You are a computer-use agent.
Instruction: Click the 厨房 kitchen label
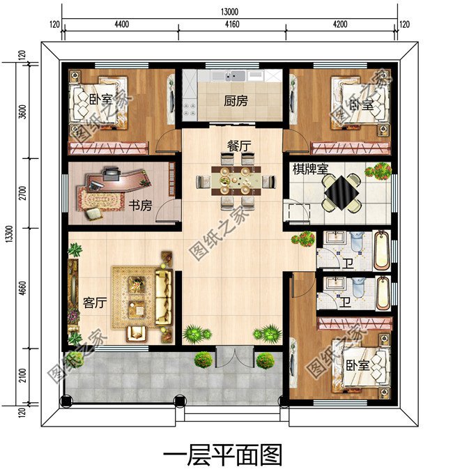coord(236,100)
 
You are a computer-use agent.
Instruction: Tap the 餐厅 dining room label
coord(236,146)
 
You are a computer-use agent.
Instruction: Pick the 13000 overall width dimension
coord(228,11)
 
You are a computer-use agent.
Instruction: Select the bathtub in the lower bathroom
coord(383,293)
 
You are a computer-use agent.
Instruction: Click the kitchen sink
coord(233,75)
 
